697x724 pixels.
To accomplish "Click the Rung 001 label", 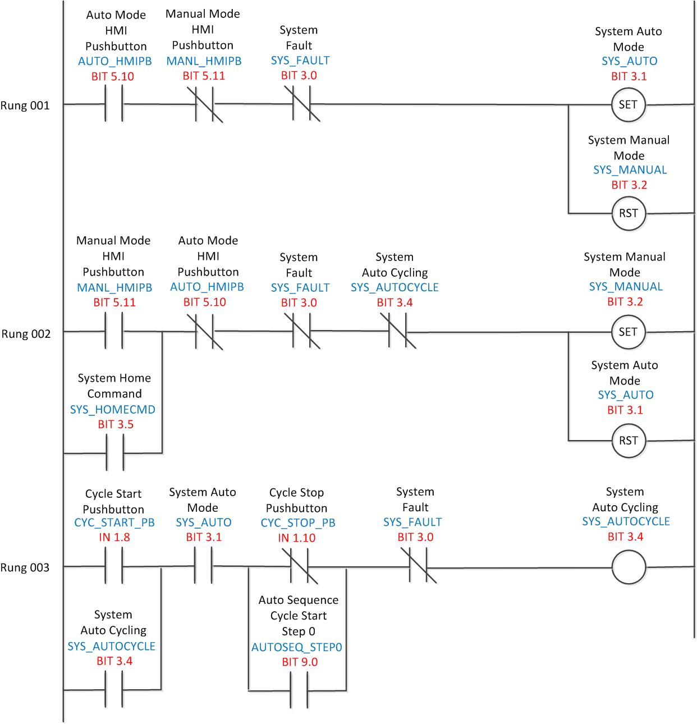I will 25,106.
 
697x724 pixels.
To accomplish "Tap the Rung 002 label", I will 26,334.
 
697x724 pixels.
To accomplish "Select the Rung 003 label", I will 25,567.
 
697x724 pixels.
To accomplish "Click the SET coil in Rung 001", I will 628,104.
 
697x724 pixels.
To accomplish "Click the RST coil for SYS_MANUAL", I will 628,213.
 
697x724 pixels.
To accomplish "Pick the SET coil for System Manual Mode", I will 628,332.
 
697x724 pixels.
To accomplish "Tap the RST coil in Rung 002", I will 628,441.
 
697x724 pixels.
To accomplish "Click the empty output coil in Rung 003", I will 628,567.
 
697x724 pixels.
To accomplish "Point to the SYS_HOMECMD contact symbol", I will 114,452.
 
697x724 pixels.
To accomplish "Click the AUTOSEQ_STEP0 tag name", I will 296,647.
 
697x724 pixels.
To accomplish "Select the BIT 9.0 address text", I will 300,662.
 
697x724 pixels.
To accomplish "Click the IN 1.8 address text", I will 114,537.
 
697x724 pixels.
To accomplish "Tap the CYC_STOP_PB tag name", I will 298,523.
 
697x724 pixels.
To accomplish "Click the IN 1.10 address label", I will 297,538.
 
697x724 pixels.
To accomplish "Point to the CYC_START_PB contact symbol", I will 114,567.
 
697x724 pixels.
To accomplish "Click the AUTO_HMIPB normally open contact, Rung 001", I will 114,104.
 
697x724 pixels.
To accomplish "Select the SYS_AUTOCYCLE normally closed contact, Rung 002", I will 398,332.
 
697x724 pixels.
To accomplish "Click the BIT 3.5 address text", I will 116,424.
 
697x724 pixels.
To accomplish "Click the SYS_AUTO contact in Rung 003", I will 203,566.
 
